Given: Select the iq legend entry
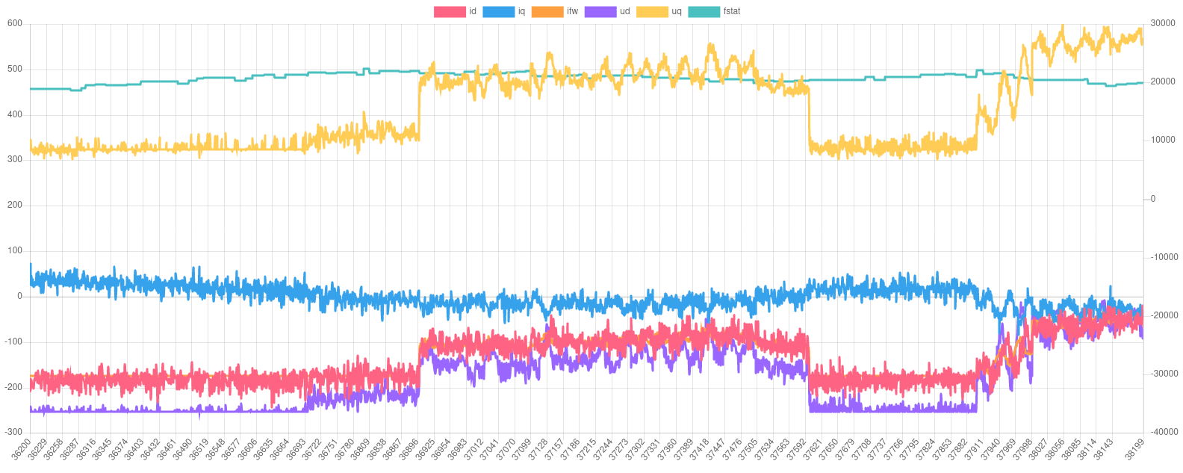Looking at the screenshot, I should [504, 12].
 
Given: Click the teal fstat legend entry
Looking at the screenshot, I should [714, 12].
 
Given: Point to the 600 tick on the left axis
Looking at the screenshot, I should [15, 23].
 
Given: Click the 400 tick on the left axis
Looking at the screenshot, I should [15, 114].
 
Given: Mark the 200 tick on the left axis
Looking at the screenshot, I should [15, 205].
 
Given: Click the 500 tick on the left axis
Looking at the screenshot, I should [15, 69].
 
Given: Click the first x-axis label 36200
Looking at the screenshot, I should [22, 451].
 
